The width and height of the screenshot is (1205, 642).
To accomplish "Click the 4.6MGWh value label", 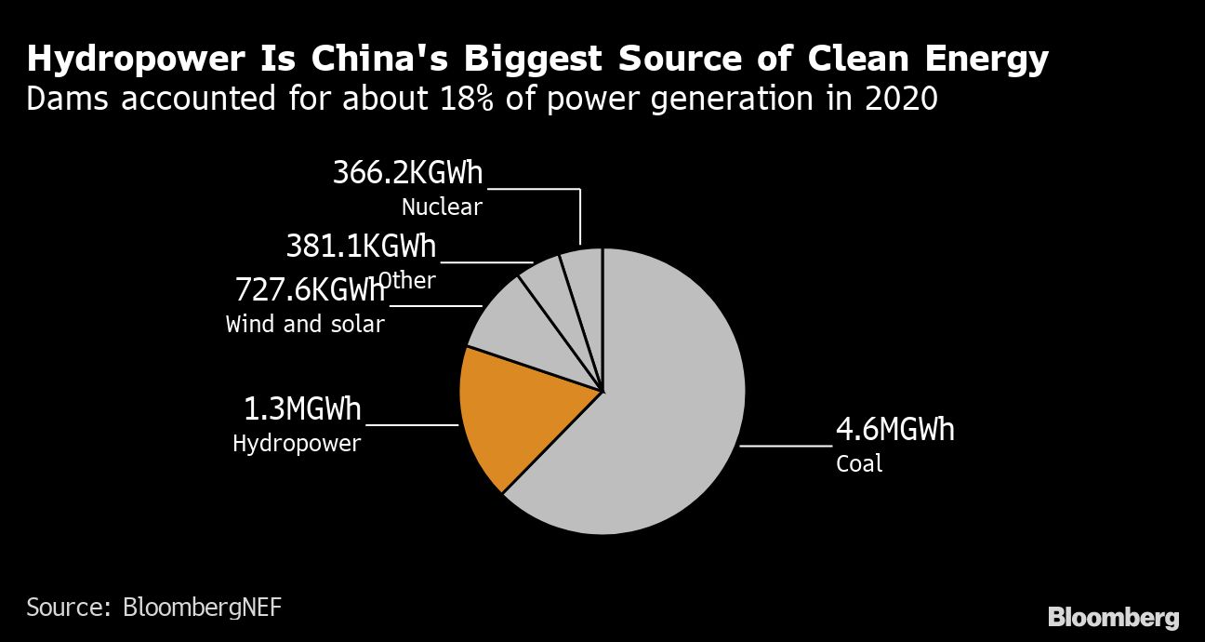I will point(894,430).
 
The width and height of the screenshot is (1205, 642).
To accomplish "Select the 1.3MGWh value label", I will point(302,408).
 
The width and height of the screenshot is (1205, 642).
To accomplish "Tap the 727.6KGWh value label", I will point(310,290).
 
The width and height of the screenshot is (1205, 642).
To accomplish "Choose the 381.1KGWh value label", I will point(361,247).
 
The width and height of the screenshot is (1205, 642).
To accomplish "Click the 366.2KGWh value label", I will point(408,173).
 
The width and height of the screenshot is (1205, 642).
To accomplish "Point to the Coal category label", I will point(859,463).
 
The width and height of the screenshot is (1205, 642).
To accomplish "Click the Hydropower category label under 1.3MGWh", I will point(297,444).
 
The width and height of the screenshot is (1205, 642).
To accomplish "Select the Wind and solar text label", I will point(305,325).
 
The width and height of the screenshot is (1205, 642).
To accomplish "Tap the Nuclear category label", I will point(442,207).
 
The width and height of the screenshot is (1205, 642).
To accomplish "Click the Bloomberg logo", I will point(1113,617).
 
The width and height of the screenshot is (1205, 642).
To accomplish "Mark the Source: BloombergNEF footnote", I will point(153,609).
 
